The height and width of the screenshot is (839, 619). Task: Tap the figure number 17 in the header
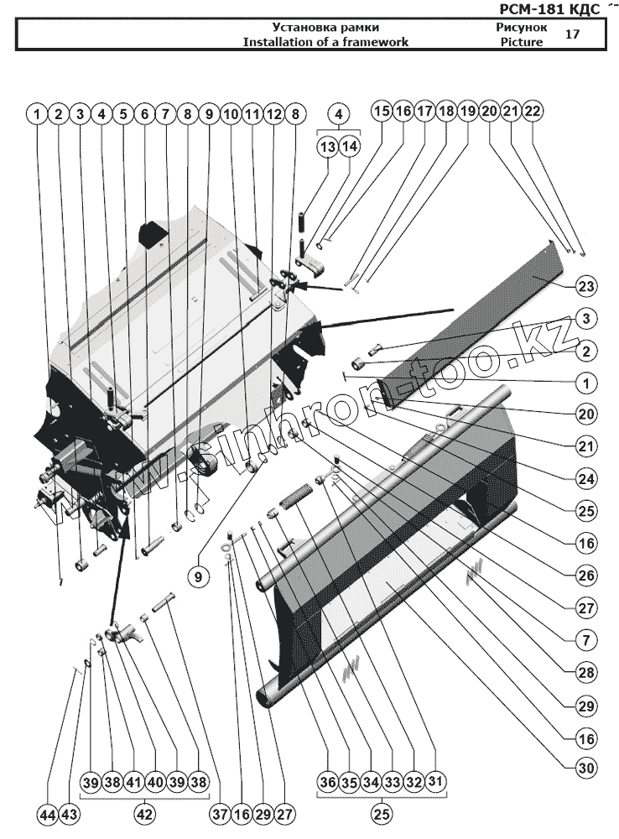(573, 34)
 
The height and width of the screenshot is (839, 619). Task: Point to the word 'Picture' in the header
(522, 42)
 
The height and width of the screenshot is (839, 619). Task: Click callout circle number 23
(586, 286)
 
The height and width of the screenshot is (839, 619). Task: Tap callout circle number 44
(48, 814)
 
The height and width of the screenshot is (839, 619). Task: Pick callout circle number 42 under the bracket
(146, 814)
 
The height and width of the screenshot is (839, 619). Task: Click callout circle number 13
(327, 147)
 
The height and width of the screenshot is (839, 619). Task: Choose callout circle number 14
(349, 147)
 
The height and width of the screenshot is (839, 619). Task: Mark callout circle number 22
(532, 111)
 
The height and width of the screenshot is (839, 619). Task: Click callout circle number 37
(221, 814)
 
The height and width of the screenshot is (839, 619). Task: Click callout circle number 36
(327, 782)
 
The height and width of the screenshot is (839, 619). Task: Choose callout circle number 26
(586, 575)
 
